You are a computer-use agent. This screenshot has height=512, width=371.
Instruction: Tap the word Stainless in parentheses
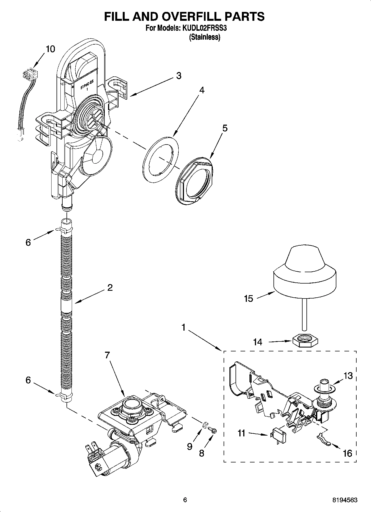coord(204,37)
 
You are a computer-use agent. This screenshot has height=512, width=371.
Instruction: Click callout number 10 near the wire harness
coord(50,49)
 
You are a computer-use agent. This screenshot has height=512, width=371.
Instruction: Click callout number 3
coord(179,75)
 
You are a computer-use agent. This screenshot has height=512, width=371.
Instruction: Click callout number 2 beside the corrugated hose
coord(110,288)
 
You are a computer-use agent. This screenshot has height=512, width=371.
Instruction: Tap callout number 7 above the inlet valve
coord(108,355)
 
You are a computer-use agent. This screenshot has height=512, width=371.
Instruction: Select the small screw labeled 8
coord(213,430)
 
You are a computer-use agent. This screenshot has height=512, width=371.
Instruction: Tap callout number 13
coord(348,376)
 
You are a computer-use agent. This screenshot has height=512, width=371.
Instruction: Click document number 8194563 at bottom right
coord(345,500)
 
